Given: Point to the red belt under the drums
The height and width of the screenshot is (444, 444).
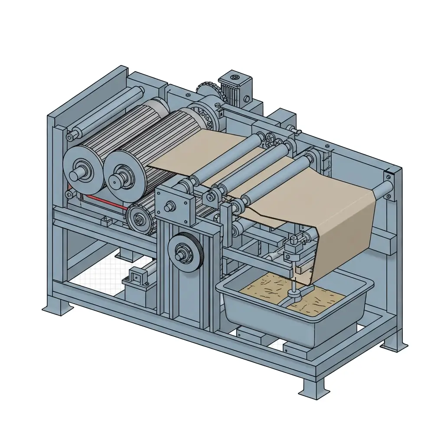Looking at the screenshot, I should click(104, 202).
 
